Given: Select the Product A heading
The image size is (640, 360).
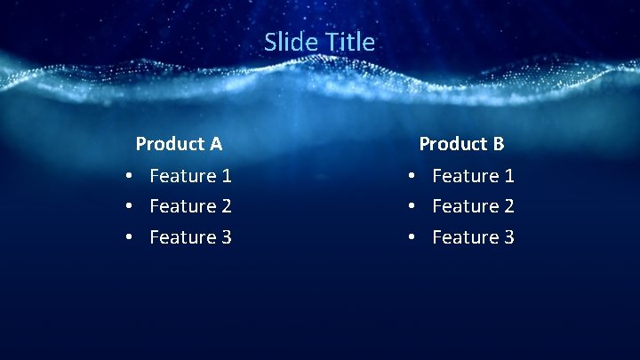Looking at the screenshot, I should tap(179, 143).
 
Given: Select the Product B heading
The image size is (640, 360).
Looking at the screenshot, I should tap(461, 143).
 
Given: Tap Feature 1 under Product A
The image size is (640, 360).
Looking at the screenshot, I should tap(190, 176).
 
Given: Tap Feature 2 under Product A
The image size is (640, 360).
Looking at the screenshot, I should tap(190, 206).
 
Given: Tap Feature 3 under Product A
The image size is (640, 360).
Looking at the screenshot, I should tap(190, 236).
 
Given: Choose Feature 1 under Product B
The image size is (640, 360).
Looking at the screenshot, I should tap(473, 176).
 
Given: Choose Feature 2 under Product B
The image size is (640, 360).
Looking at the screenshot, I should tap(473, 206).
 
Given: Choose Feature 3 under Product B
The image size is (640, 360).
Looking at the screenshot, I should tap(473, 236).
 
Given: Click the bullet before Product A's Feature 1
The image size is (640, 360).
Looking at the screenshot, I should tap(129, 177).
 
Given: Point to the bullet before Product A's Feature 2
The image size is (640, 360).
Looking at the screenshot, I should tap(129, 207).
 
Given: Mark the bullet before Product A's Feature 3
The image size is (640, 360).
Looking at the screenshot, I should tap(129, 237).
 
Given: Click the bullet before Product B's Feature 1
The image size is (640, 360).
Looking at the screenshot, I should tap(412, 177).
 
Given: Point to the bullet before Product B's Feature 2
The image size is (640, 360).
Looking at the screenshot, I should tap(412, 207).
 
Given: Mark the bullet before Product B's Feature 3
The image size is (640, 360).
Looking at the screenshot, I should tap(412, 237).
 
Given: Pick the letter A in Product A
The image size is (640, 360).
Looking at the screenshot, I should tap(216, 143).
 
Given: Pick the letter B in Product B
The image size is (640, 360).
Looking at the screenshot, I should tap(499, 143).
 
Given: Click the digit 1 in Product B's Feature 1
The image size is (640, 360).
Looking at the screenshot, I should tap(508, 176).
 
